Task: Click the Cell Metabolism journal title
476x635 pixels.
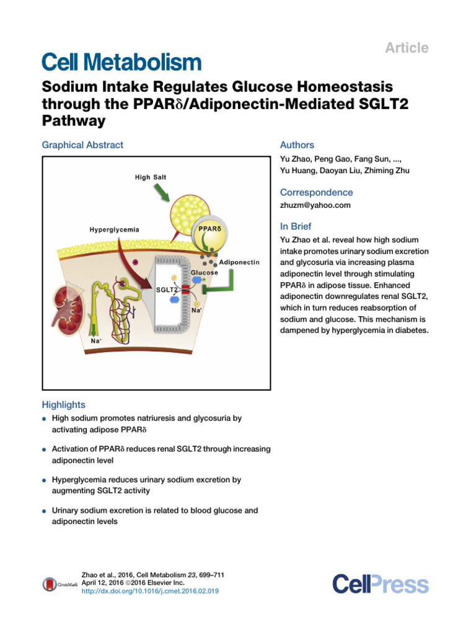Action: [121, 62]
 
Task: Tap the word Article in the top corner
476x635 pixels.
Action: [407, 48]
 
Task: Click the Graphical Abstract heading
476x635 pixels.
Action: [82, 145]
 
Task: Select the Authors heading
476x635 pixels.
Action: [297, 145]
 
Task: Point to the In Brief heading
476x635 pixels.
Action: [296, 226]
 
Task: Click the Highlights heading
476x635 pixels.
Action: [64, 404]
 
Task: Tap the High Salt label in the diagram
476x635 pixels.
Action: [151, 177]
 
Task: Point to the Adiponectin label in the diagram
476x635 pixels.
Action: [239, 262]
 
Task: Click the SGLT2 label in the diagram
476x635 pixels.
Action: [165, 290]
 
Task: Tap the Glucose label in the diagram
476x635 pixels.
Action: [204, 272]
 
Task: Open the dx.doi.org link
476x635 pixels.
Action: [150, 592]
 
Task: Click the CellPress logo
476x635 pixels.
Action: [380, 584]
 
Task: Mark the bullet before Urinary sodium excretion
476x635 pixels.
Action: [45, 512]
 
